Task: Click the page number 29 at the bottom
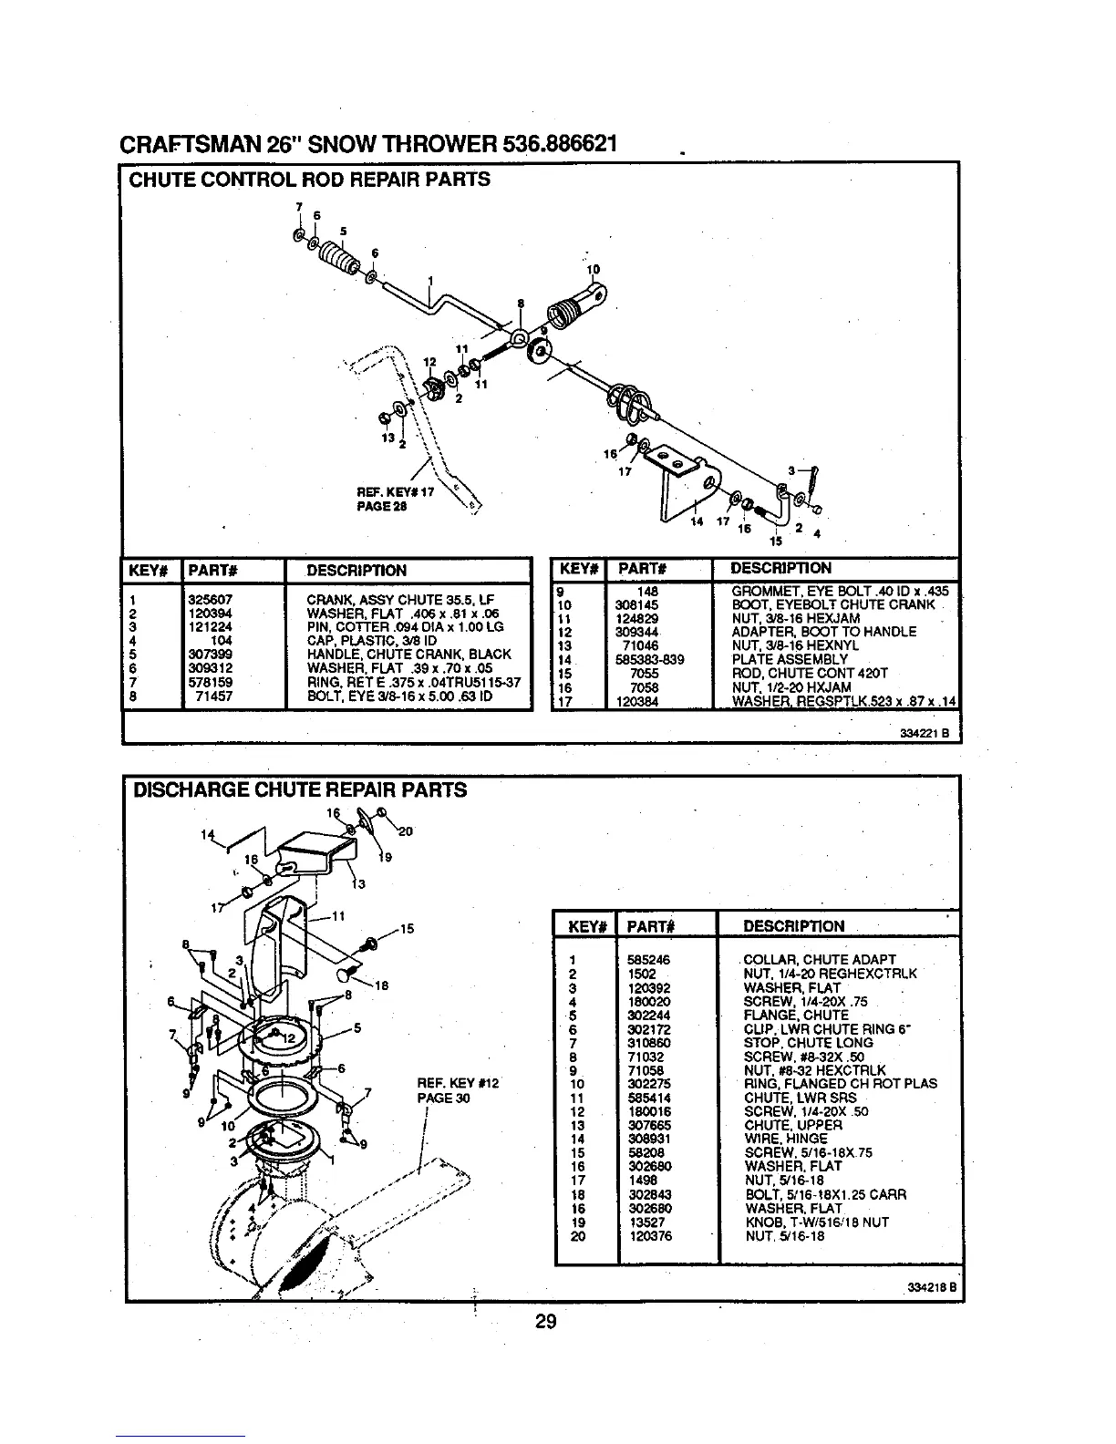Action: [545, 1322]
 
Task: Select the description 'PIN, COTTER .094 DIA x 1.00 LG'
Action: [406, 627]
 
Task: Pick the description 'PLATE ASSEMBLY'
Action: [790, 659]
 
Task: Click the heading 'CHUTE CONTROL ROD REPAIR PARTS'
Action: [310, 180]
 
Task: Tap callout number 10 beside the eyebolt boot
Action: [593, 269]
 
